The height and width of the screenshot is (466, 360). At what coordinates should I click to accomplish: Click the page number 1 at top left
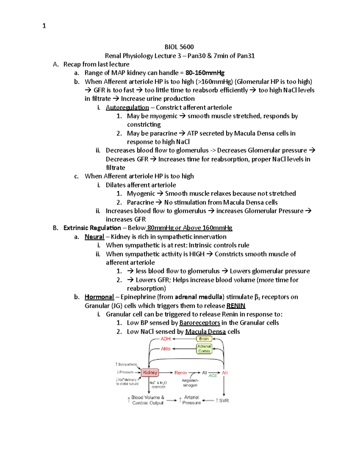[x=44, y=26]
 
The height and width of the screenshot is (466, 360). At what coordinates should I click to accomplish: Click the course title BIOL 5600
[x=179, y=47]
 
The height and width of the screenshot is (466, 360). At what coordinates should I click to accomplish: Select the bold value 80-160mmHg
[x=205, y=73]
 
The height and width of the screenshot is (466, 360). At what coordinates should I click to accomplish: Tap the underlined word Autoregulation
[x=127, y=107]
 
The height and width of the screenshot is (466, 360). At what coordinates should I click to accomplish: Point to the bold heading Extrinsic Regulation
[x=92, y=228]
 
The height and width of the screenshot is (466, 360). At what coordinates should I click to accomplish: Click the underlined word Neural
[x=94, y=237]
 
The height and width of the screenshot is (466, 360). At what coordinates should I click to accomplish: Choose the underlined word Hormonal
[x=99, y=297]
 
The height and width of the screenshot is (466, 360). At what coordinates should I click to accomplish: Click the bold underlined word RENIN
[x=236, y=306]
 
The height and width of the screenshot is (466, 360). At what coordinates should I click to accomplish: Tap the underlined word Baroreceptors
[x=199, y=323]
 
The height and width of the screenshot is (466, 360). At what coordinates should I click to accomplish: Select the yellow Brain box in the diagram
[x=204, y=339]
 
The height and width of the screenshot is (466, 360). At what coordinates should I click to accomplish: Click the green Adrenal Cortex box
[x=204, y=349]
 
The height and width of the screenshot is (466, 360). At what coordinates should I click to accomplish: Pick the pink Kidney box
[x=150, y=372]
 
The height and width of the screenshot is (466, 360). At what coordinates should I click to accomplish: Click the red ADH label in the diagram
[x=166, y=339]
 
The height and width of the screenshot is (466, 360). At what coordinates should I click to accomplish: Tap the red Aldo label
[x=166, y=349]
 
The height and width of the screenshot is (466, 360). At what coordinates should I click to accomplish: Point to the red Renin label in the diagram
[x=180, y=373]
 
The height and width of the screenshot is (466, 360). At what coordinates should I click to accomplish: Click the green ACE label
[x=213, y=376]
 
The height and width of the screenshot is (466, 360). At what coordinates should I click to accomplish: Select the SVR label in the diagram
[x=224, y=401]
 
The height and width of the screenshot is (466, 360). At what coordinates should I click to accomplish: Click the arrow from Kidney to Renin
[x=166, y=373]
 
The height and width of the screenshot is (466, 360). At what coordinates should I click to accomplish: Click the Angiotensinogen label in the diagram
[x=190, y=383]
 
